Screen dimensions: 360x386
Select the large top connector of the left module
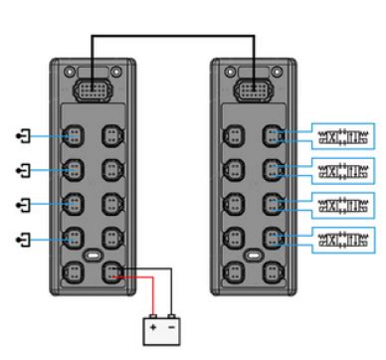[x=93, y=90]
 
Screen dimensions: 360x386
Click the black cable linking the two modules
[x=174, y=37]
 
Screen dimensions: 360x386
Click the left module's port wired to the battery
[x=112, y=270]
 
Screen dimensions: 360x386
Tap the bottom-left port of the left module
[x=73, y=270]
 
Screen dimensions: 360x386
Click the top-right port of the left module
[x=112, y=134]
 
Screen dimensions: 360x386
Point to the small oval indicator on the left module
[x=93, y=255]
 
